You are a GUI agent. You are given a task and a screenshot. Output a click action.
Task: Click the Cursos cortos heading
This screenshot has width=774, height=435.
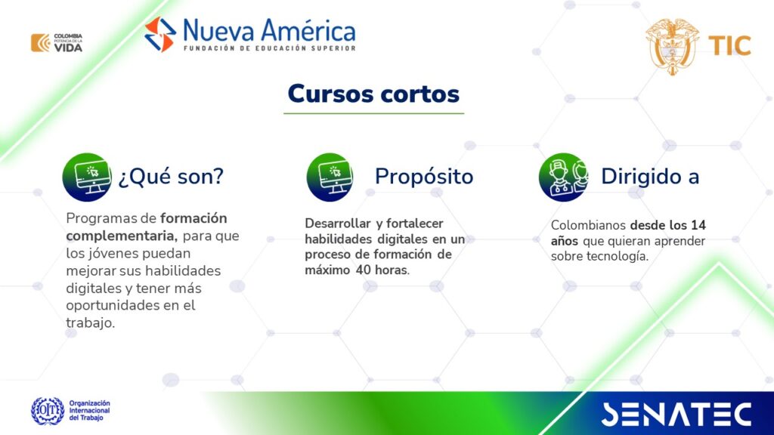(373, 94)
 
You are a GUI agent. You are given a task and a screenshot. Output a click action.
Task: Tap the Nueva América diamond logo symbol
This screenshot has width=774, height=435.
(160, 35)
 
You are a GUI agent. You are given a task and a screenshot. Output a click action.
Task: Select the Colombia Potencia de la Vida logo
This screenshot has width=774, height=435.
(57, 43)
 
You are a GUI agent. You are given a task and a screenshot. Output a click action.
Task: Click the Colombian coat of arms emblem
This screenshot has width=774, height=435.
(672, 46)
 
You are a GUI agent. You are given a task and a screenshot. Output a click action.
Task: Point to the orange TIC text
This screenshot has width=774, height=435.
(729, 46)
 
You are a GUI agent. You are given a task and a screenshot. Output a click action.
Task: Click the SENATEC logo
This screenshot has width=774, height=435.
(676, 414)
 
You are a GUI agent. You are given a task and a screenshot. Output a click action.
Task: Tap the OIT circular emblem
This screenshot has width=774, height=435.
(48, 411)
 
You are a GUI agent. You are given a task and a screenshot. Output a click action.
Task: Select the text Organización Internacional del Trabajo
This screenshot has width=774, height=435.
(89, 410)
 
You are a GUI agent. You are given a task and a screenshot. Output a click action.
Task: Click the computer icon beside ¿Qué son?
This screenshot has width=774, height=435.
(87, 177)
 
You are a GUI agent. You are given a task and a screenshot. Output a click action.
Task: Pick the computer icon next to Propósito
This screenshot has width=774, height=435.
(330, 177)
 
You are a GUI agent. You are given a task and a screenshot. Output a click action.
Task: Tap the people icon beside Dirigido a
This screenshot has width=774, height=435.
(563, 177)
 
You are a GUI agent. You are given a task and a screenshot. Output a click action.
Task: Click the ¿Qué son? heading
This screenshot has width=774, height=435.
(171, 177)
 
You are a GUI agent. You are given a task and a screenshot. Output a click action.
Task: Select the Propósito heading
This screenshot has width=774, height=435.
(424, 177)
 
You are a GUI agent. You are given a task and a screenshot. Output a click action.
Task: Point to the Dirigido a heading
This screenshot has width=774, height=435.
(650, 177)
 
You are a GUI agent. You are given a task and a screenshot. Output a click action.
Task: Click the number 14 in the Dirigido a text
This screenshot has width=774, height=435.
(698, 225)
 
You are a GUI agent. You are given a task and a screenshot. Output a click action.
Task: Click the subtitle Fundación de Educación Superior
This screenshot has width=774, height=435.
(270, 48)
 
